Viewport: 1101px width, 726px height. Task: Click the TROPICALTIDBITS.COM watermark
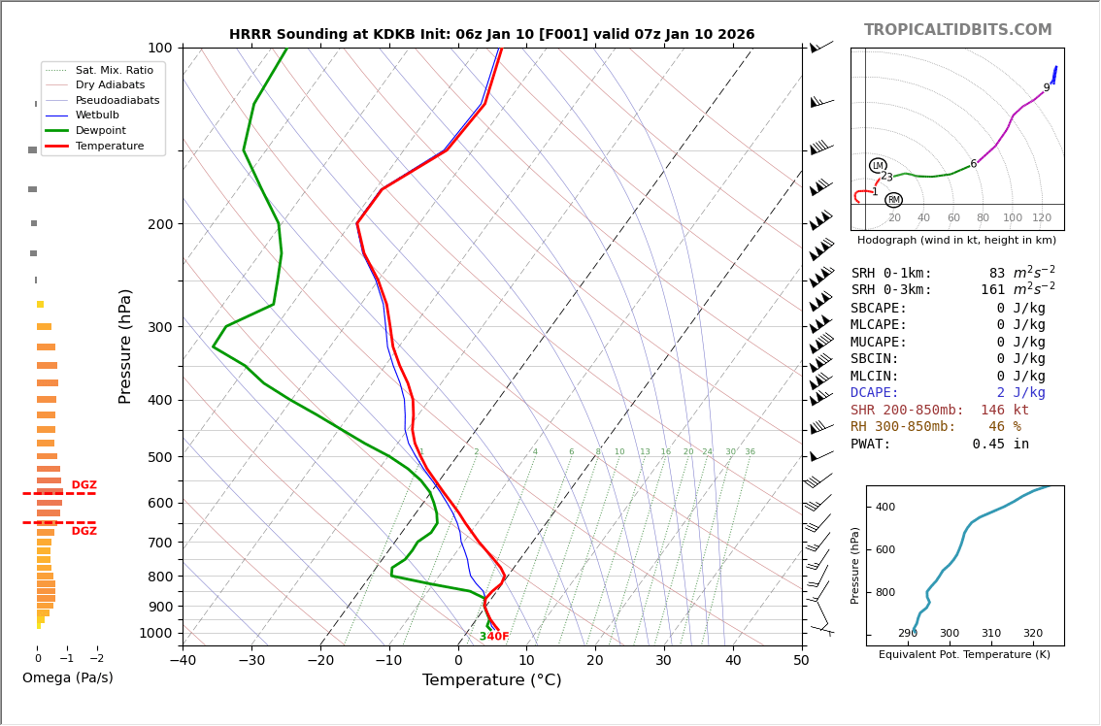pos(957,30)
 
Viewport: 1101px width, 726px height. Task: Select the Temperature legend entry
pos(109,146)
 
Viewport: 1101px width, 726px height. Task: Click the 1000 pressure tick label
pos(154,633)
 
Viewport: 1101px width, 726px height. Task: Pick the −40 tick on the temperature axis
pos(183,661)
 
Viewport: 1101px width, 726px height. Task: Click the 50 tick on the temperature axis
pos(801,661)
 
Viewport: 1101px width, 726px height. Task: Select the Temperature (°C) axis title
pos(491,680)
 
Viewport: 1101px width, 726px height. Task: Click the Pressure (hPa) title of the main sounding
pos(125,346)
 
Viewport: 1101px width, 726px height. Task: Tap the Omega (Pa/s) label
pos(67,678)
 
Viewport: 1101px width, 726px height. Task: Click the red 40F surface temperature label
pos(497,637)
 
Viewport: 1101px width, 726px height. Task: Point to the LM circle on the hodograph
pos(878,166)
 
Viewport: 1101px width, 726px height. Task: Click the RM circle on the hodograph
pos(893,200)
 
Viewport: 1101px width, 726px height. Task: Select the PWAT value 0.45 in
pos(1000,445)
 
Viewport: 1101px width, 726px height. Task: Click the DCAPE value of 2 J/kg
pos(1019,393)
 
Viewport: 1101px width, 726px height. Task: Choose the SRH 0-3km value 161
pos(992,290)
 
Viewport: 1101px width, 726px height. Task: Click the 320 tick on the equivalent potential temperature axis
pos(1032,634)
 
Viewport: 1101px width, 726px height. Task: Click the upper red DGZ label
pos(83,485)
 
